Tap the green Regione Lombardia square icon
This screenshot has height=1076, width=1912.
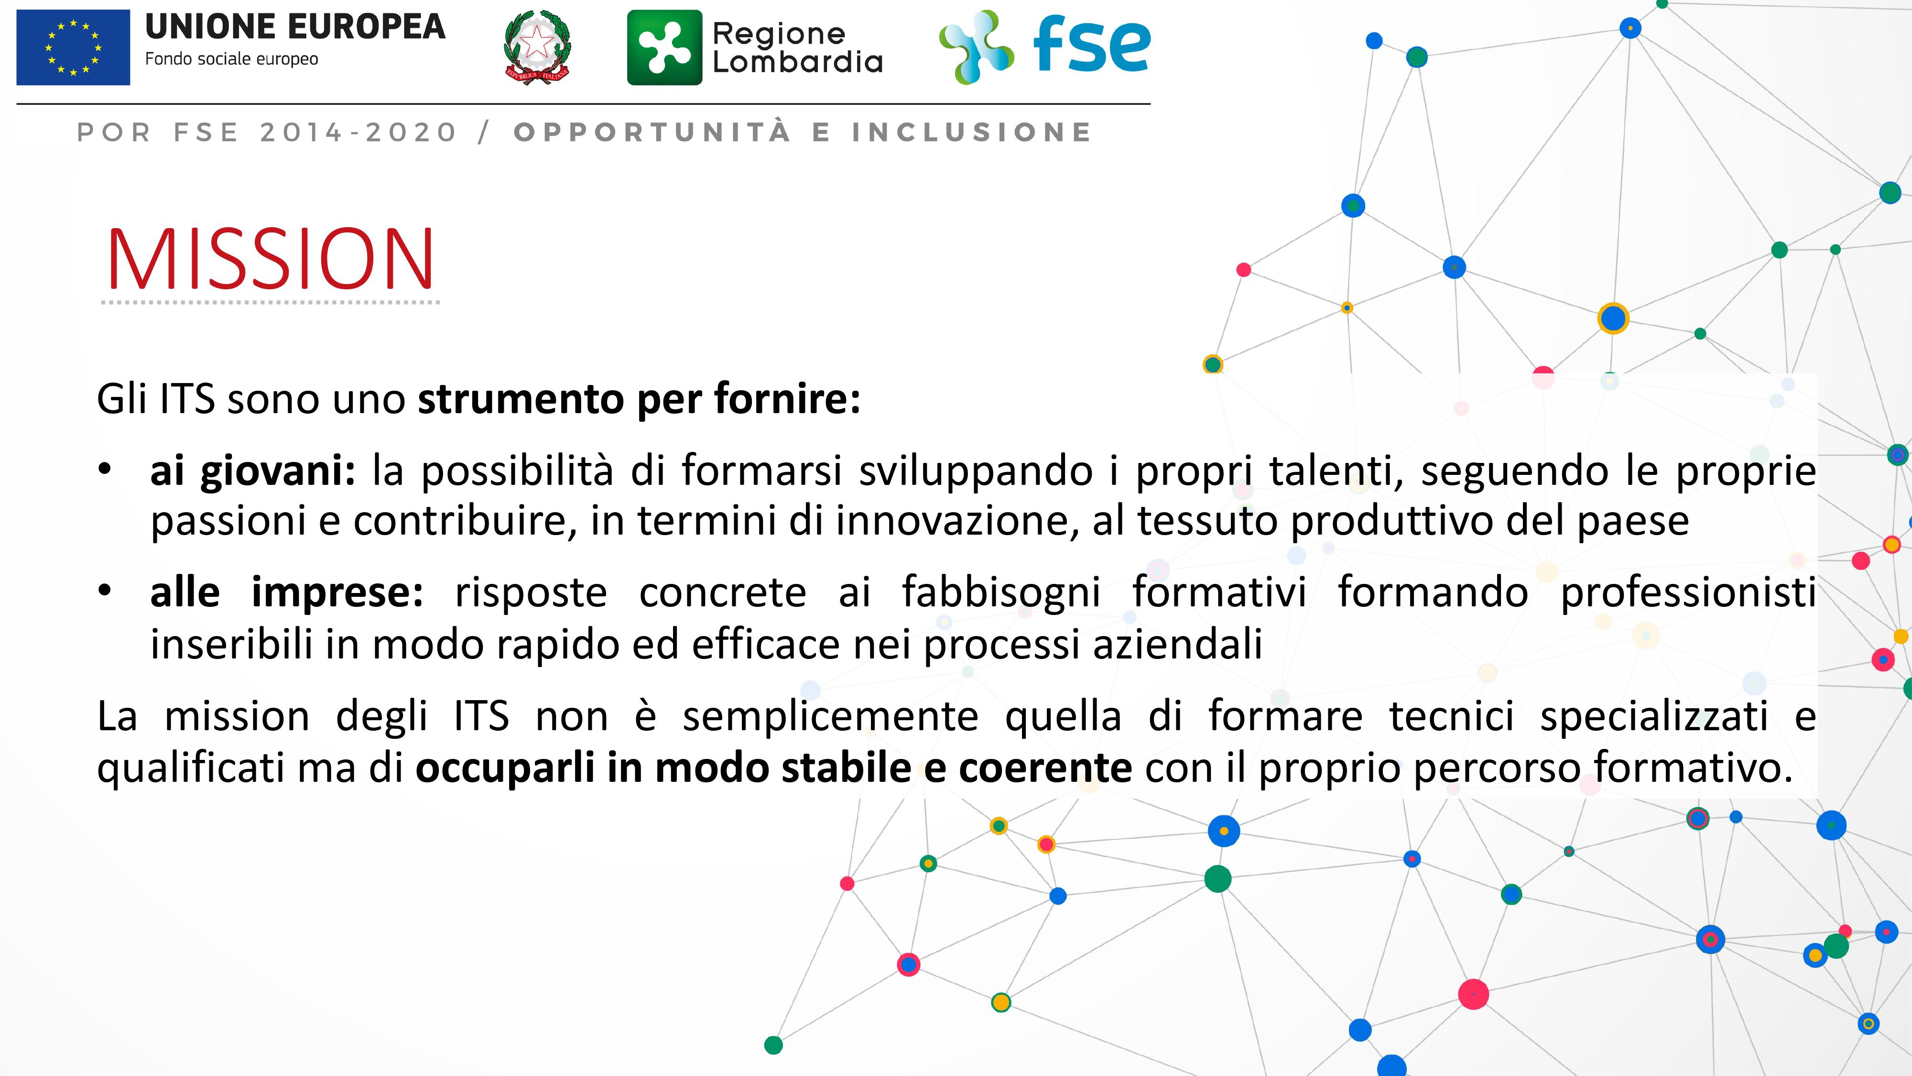(x=664, y=47)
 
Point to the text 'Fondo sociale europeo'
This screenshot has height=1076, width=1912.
(x=231, y=59)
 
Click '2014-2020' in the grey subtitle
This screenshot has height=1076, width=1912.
(x=358, y=132)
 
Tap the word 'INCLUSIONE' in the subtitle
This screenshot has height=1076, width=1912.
(x=972, y=132)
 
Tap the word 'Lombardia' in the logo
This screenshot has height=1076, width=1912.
(x=798, y=62)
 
